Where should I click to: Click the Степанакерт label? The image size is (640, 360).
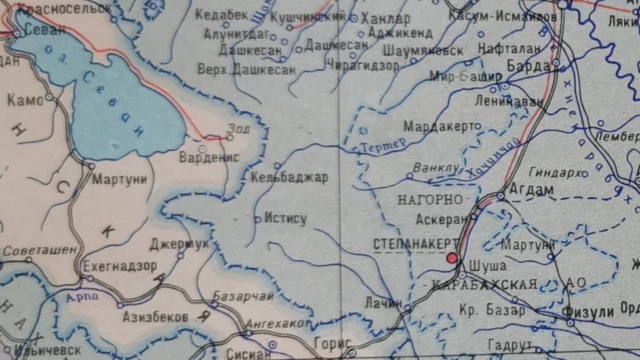coord(416,244)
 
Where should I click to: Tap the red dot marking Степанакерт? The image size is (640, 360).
coord(452,258)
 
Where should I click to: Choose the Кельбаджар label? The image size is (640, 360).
coord(289,178)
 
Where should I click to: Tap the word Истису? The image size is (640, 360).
coord(285,218)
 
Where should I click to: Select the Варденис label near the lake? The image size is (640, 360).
coord(209,157)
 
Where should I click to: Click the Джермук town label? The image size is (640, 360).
coord(179,244)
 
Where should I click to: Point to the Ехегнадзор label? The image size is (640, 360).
coord(120,266)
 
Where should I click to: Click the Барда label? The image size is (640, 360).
coord(529,66)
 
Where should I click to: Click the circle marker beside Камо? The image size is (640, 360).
coord(49,98)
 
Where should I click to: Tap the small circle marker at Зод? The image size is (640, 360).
coord(230,138)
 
